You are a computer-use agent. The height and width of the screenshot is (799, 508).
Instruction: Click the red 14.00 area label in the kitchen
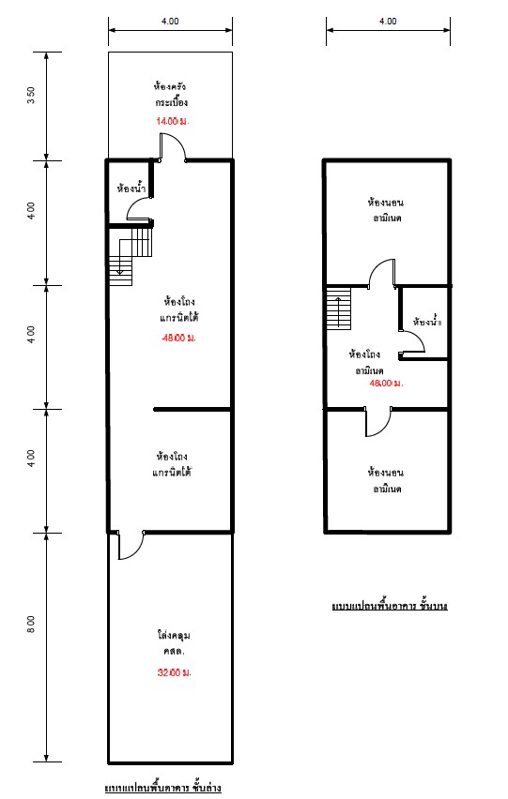click(x=173, y=121)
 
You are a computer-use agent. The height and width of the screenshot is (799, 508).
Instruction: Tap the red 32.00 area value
click(x=174, y=672)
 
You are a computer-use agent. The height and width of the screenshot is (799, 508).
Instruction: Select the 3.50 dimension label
click(x=32, y=96)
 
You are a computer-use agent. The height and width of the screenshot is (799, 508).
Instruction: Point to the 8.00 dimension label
click(x=32, y=625)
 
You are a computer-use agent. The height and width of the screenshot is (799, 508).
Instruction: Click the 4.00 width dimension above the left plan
click(x=170, y=21)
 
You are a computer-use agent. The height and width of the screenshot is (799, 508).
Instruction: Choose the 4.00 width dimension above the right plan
click(x=388, y=21)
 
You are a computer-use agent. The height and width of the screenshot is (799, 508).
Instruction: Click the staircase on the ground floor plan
click(x=131, y=256)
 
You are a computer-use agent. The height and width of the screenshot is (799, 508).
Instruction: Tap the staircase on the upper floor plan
click(x=339, y=309)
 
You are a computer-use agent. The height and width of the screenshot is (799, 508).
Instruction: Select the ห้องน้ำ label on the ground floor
click(x=131, y=188)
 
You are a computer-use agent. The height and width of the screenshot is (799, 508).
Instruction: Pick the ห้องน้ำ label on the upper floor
click(x=427, y=322)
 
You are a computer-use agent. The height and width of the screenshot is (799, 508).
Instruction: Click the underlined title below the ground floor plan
click(x=162, y=788)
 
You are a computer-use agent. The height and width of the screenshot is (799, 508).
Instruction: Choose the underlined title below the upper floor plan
click(x=390, y=606)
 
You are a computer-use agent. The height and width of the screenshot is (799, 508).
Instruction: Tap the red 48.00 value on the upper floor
click(x=386, y=383)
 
